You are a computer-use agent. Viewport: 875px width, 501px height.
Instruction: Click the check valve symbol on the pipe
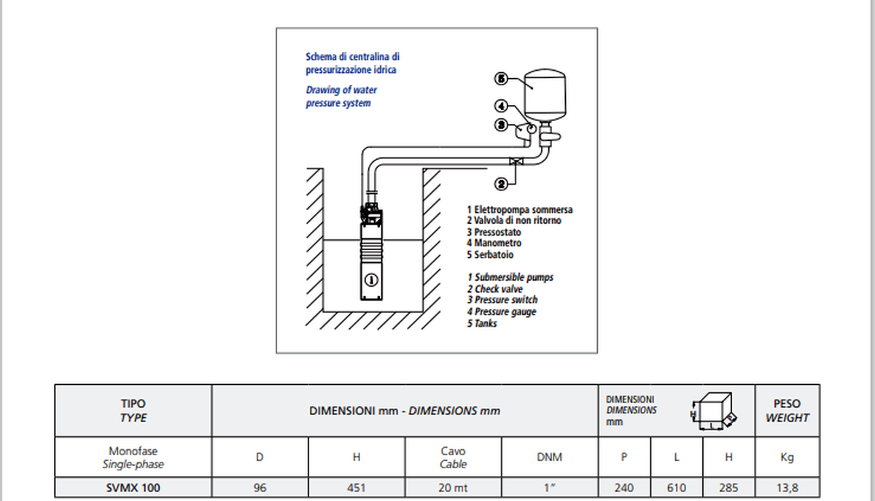click(x=516, y=161)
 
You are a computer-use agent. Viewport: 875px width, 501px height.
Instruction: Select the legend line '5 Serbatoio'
click(x=490, y=255)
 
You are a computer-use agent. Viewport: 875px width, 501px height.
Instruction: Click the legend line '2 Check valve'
click(x=495, y=289)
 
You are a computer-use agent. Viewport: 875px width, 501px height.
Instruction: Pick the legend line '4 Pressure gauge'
click(x=502, y=311)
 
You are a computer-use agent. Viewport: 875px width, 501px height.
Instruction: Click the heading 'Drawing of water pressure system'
click(x=341, y=96)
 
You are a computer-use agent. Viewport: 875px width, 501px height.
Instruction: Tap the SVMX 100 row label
click(x=133, y=488)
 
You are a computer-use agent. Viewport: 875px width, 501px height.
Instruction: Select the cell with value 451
click(x=357, y=488)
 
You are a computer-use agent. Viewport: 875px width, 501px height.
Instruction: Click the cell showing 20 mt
click(x=453, y=488)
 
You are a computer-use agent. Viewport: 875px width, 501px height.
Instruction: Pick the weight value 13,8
click(x=787, y=488)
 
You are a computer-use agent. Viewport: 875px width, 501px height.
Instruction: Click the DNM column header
click(x=549, y=457)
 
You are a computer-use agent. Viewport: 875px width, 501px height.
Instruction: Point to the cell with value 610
click(x=676, y=488)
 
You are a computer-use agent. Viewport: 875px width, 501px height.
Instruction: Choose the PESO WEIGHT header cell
click(x=787, y=411)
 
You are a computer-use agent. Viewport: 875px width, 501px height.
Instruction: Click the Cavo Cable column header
click(x=453, y=457)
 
